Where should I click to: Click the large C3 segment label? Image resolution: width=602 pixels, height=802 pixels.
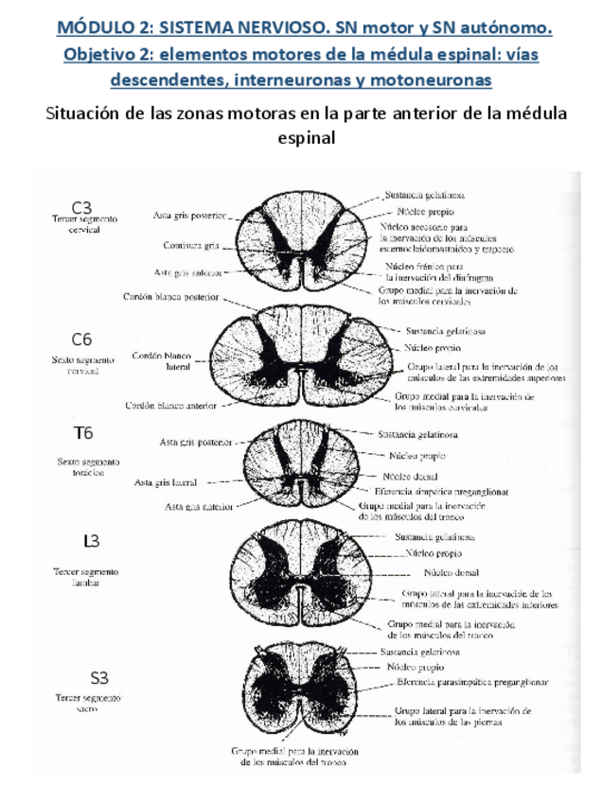(83, 206)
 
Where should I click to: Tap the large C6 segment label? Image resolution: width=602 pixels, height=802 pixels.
(82, 339)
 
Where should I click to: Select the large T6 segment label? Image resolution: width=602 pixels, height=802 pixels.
(83, 434)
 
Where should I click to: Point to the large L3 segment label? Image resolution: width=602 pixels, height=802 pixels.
(91, 541)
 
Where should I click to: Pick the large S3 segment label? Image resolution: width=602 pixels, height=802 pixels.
(99, 677)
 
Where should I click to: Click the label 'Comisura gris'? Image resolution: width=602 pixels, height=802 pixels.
(189, 245)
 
